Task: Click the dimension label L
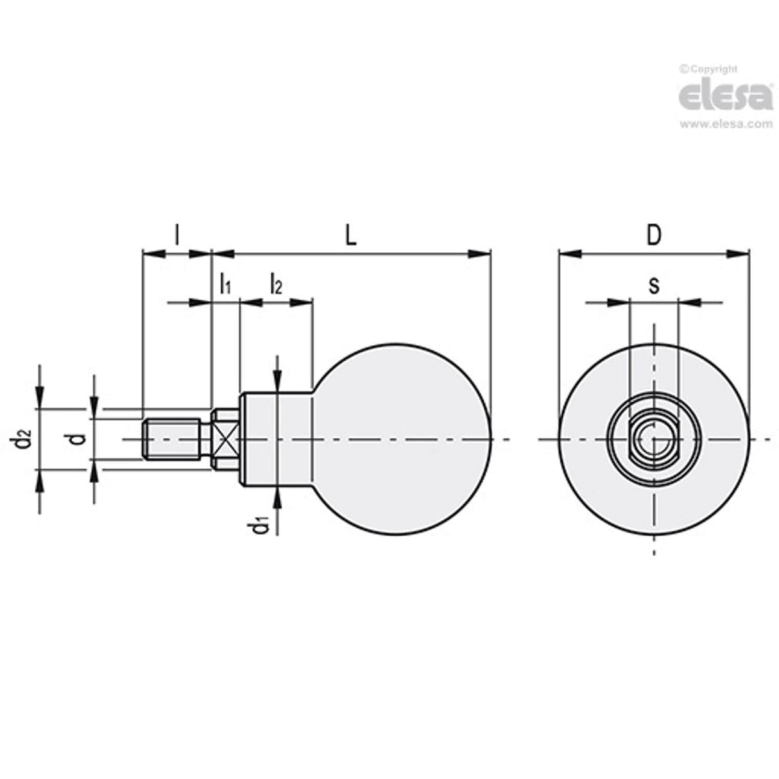coord(350,235)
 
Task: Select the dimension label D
coord(653,235)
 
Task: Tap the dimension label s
coord(653,285)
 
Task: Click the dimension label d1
coord(260,526)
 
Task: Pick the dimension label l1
coord(225,283)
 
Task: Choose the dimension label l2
coord(275,283)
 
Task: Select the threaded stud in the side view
coord(172,439)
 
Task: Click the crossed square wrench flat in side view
coord(225,439)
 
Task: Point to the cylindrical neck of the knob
coord(276,439)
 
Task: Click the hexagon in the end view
coord(653,440)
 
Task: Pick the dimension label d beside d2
coord(78,439)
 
